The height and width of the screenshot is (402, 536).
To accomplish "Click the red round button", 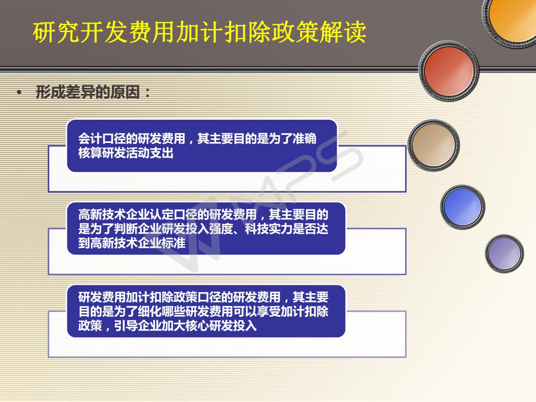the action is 449,71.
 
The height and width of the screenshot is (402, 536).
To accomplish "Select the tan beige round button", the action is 434,145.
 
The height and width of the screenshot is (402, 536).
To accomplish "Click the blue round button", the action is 462,207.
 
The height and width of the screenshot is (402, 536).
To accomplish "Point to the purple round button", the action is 504,254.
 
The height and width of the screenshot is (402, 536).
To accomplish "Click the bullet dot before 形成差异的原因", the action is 19,92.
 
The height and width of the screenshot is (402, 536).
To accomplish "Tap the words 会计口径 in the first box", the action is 102,138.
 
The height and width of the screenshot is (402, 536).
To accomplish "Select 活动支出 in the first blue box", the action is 150,153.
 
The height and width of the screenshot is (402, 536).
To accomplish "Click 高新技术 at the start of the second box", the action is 102,214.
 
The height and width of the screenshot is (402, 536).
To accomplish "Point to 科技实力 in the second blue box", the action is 268,229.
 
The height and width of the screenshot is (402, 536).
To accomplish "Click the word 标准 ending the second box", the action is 173,243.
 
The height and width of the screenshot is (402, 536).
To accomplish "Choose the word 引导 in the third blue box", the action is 126,326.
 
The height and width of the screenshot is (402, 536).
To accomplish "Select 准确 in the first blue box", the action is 304,138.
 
